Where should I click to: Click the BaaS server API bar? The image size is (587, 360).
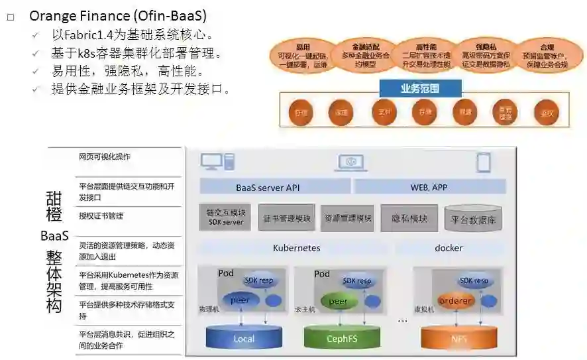[268, 187]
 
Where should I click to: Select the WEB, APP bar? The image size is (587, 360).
[429, 187]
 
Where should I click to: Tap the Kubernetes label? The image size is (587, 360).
[296, 248]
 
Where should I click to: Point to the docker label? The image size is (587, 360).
[449, 248]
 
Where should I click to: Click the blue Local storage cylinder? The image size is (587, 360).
[243, 337]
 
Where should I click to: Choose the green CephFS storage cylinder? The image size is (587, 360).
[341, 337]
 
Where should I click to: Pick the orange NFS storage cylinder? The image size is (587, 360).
[458, 337]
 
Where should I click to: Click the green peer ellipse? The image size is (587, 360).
[338, 302]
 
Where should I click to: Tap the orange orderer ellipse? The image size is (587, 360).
[455, 301]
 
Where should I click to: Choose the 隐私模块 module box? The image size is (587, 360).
[409, 218]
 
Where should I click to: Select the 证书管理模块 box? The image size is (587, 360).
[286, 218]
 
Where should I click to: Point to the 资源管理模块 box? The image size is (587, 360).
[348, 218]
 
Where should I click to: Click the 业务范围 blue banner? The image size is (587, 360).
[420, 88]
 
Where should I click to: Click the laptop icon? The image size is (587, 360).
[352, 162]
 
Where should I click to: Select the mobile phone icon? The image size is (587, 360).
[484, 162]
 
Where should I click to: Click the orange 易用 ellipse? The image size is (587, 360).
[303, 56]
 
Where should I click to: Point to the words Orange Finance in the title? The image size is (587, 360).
[73, 15]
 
